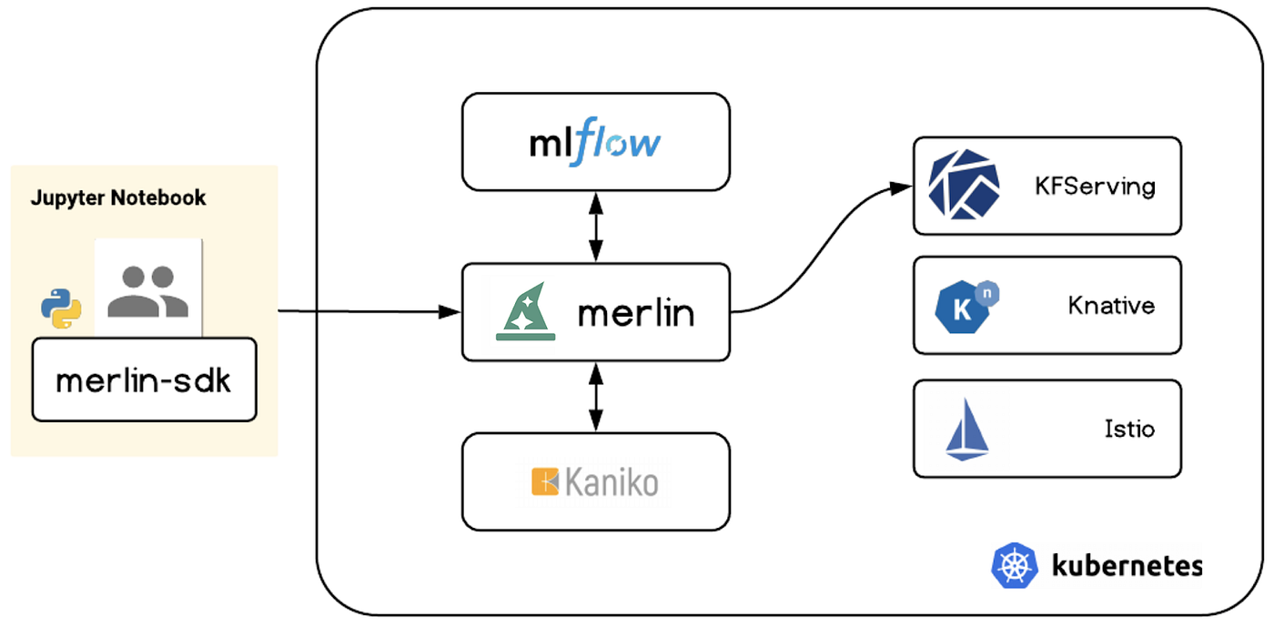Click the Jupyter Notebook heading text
click(118, 197)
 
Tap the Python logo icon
click(61, 308)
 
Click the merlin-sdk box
click(144, 380)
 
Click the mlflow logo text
click(595, 143)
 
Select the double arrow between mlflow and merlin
click(596, 226)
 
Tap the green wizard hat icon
click(526, 312)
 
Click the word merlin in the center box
click(636, 314)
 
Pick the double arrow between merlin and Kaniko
click(596, 396)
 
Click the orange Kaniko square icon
click(545, 482)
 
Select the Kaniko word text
click(611, 482)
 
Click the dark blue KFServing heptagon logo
click(964, 186)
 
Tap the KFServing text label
click(1094, 187)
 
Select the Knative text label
click(1111, 305)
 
